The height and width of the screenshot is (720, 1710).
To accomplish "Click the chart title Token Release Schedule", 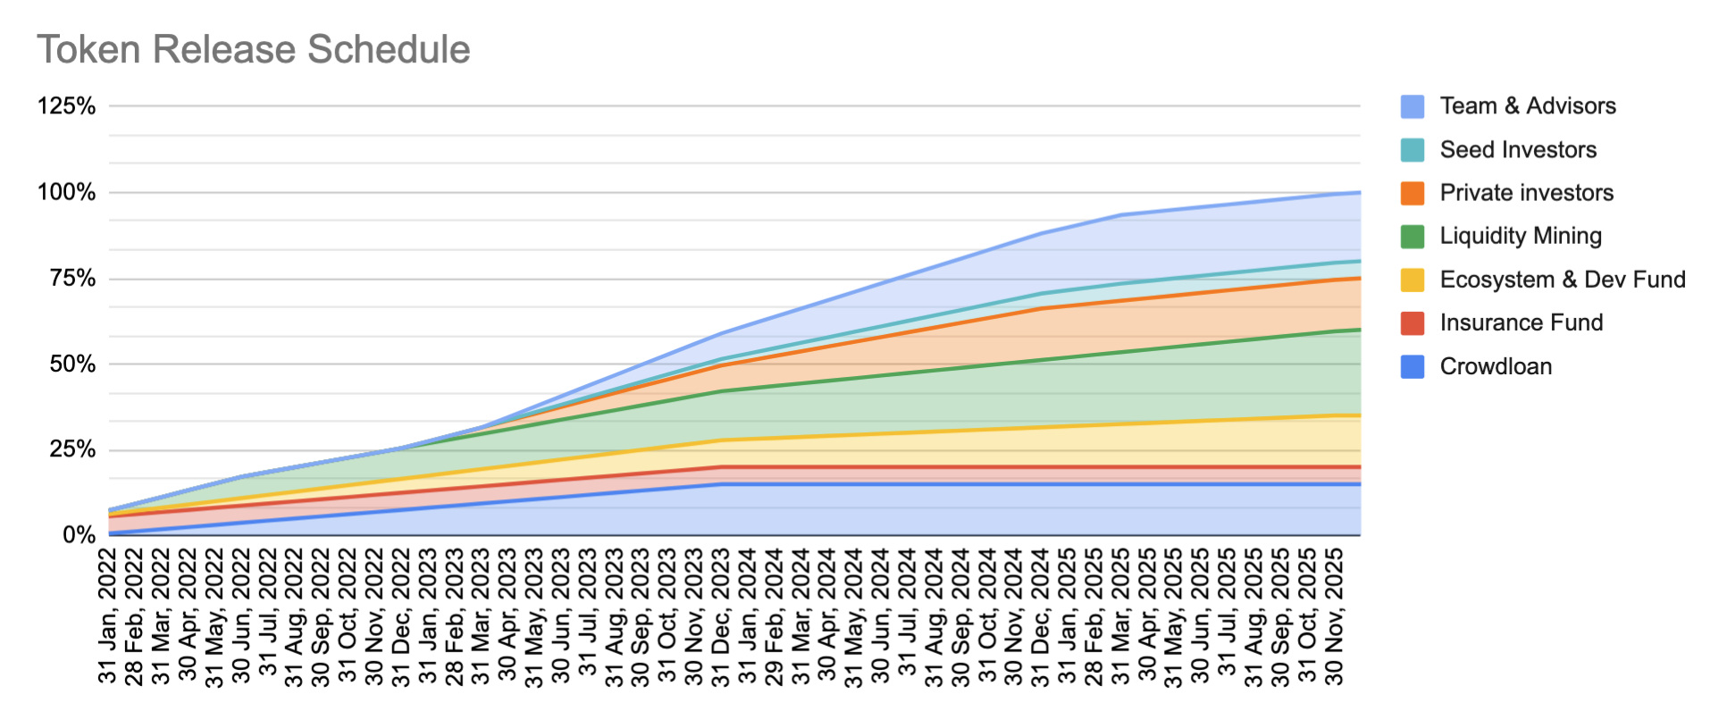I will click(x=253, y=50).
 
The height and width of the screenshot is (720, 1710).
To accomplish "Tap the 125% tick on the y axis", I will click(x=67, y=106).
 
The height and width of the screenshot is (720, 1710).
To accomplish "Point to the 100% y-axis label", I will click(x=67, y=192).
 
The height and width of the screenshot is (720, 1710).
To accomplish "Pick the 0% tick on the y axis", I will click(x=79, y=535).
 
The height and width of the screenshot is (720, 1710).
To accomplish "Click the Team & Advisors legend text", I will click(x=1527, y=106).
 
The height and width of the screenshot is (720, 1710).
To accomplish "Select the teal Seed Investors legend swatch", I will click(x=1412, y=150).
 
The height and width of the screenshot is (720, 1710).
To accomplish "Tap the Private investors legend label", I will click(x=1526, y=193).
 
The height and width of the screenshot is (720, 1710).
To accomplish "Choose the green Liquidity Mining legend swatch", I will click(x=1412, y=237).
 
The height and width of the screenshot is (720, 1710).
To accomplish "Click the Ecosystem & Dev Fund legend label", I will click(x=1562, y=280).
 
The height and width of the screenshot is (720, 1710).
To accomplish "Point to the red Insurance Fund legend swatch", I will click(x=1412, y=323).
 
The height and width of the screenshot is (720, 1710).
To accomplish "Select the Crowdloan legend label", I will click(x=1496, y=366).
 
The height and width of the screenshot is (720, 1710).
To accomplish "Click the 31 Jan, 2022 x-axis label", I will click(x=108, y=616).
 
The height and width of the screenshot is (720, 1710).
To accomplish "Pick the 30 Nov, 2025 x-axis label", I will click(x=1334, y=616).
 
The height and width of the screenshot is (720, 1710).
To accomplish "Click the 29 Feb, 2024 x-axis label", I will click(x=775, y=616).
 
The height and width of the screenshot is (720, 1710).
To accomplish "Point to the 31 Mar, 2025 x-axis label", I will click(x=1121, y=616).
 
